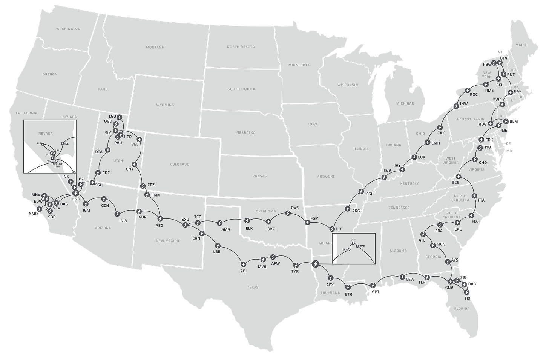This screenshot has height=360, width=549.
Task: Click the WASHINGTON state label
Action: (x=68, y=29)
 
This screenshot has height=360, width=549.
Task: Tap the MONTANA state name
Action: (x=155, y=48)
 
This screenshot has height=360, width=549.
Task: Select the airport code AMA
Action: (x=225, y=229)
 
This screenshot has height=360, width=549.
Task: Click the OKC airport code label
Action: (x=271, y=229)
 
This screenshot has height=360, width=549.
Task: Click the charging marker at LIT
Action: (x=332, y=229)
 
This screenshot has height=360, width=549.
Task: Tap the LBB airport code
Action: (x=217, y=251)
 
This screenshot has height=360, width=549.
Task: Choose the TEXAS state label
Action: (x=253, y=287)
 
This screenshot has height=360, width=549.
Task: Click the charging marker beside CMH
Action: (x=427, y=142)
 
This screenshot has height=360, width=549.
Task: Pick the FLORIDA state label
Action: (x=462, y=309)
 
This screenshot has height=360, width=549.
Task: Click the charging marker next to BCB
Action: (x=458, y=176)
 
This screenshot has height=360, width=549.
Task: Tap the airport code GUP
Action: (x=142, y=218)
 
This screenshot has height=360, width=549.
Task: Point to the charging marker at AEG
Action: (x=160, y=218)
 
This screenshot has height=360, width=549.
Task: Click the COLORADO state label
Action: (x=179, y=165)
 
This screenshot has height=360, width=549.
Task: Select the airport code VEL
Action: (x=135, y=144)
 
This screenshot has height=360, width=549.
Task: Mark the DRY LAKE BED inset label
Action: (x=58, y=165)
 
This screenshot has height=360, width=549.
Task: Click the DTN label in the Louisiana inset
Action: (x=353, y=240)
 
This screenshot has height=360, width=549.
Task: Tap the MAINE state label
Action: (x=521, y=45)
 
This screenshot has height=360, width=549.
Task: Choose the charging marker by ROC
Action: (x=468, y=90)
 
